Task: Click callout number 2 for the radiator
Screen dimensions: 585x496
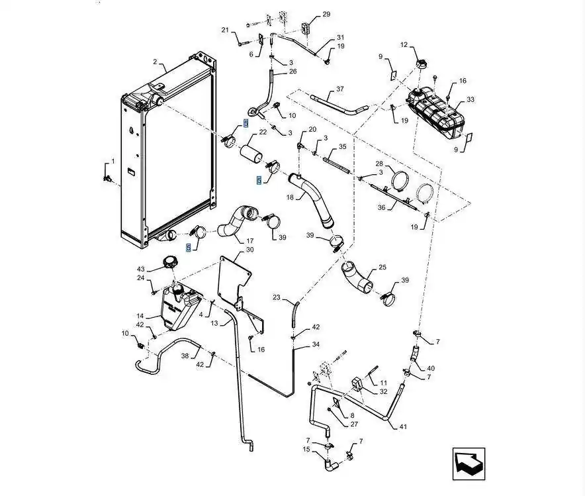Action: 156,62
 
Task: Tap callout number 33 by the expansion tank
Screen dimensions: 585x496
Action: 471,99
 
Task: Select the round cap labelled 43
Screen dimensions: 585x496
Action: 171,262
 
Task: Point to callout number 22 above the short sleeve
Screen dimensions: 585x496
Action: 263,132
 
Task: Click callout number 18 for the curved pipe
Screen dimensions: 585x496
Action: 291,197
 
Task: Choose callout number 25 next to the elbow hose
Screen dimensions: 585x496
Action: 382,268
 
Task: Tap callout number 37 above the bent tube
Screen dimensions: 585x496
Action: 340,89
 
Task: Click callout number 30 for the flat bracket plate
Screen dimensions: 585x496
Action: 250,250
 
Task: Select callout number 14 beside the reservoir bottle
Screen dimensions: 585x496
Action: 140,316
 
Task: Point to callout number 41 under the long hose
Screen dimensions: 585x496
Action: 403,426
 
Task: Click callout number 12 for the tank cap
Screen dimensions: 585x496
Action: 404,45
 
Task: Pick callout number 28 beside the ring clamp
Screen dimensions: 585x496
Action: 379,164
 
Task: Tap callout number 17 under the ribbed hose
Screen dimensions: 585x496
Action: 250,241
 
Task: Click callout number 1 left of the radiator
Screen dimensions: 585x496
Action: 112,162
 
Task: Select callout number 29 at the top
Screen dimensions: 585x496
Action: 326,14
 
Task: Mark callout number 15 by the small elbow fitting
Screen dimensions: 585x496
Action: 306,450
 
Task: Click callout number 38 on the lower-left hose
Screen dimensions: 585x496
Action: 185,356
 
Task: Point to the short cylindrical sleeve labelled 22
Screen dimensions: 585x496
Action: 251,154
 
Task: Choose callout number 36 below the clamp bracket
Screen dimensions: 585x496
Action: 381,207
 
